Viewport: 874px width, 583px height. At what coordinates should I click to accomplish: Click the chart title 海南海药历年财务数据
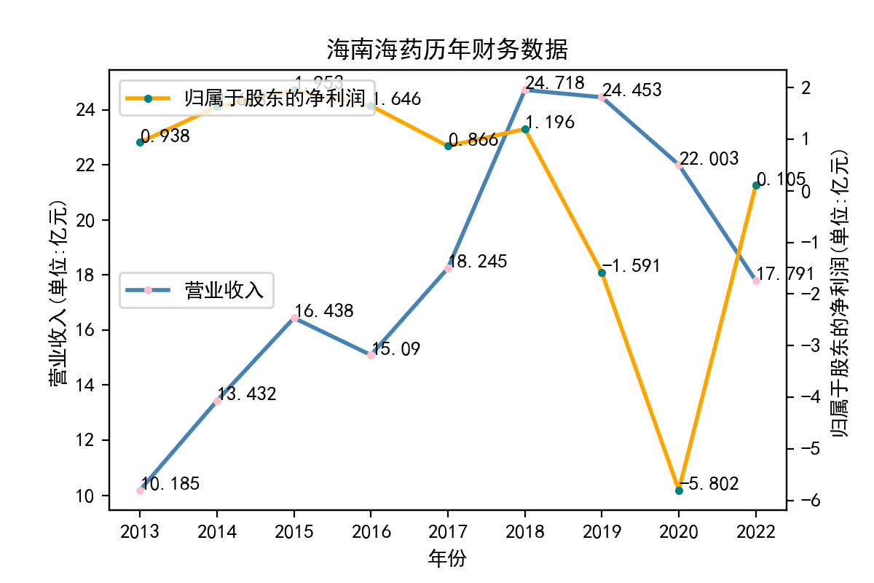(x=446, y=50)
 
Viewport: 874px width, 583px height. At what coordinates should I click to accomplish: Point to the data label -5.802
(x=709, y=483)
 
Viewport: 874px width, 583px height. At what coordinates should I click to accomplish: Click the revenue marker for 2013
(x=140, y=490)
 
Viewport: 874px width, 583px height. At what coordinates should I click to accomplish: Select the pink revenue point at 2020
(x=679, y=165)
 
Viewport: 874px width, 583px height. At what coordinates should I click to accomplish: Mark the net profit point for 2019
(x=602, y=273)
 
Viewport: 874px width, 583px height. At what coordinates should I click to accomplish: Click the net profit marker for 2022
(x=756, y=185)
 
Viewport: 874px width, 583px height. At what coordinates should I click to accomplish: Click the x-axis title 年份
(x=447, y=559)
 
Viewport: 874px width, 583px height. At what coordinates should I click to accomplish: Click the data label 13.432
(x=248, y=395)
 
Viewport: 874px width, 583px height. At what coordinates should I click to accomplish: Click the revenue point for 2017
(x=448, y=268)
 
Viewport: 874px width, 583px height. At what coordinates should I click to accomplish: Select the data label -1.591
(x=632, y=266)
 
